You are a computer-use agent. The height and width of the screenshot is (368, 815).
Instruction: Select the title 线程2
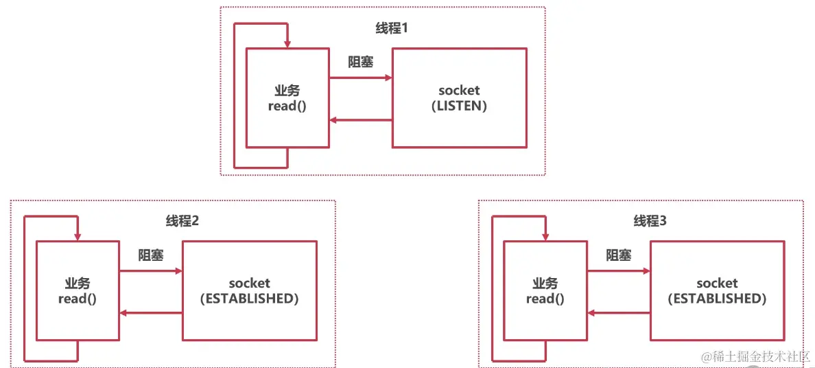point(182,221)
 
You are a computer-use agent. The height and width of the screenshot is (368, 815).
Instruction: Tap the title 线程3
point(650,221)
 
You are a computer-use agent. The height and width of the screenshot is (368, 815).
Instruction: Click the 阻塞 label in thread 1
point(361,62)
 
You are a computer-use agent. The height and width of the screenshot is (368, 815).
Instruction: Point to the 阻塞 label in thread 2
point(151,255)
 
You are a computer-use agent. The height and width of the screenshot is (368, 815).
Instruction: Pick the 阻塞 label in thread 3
point(619,255)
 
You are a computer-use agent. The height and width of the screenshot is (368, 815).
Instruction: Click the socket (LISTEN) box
point(459,97)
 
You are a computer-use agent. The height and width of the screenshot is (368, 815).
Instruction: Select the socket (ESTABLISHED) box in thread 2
point(249,290)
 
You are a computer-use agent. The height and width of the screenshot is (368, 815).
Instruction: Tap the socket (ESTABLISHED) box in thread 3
point(717,290)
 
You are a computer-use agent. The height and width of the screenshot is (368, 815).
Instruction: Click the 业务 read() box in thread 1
point(287,97)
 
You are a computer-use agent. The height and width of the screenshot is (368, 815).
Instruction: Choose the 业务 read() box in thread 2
point(78,290)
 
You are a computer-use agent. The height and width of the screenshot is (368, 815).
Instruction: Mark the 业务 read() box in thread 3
point(545,290)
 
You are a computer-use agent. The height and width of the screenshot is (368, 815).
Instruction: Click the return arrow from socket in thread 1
point(360,121)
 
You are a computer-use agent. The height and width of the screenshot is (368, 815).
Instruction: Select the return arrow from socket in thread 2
point(150,313)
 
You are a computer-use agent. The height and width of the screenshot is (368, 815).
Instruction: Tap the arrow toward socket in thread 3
point(618,271)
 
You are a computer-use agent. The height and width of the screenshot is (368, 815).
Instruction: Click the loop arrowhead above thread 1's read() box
point(287,42)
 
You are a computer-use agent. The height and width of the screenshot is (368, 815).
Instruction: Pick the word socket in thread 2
point(249,283)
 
